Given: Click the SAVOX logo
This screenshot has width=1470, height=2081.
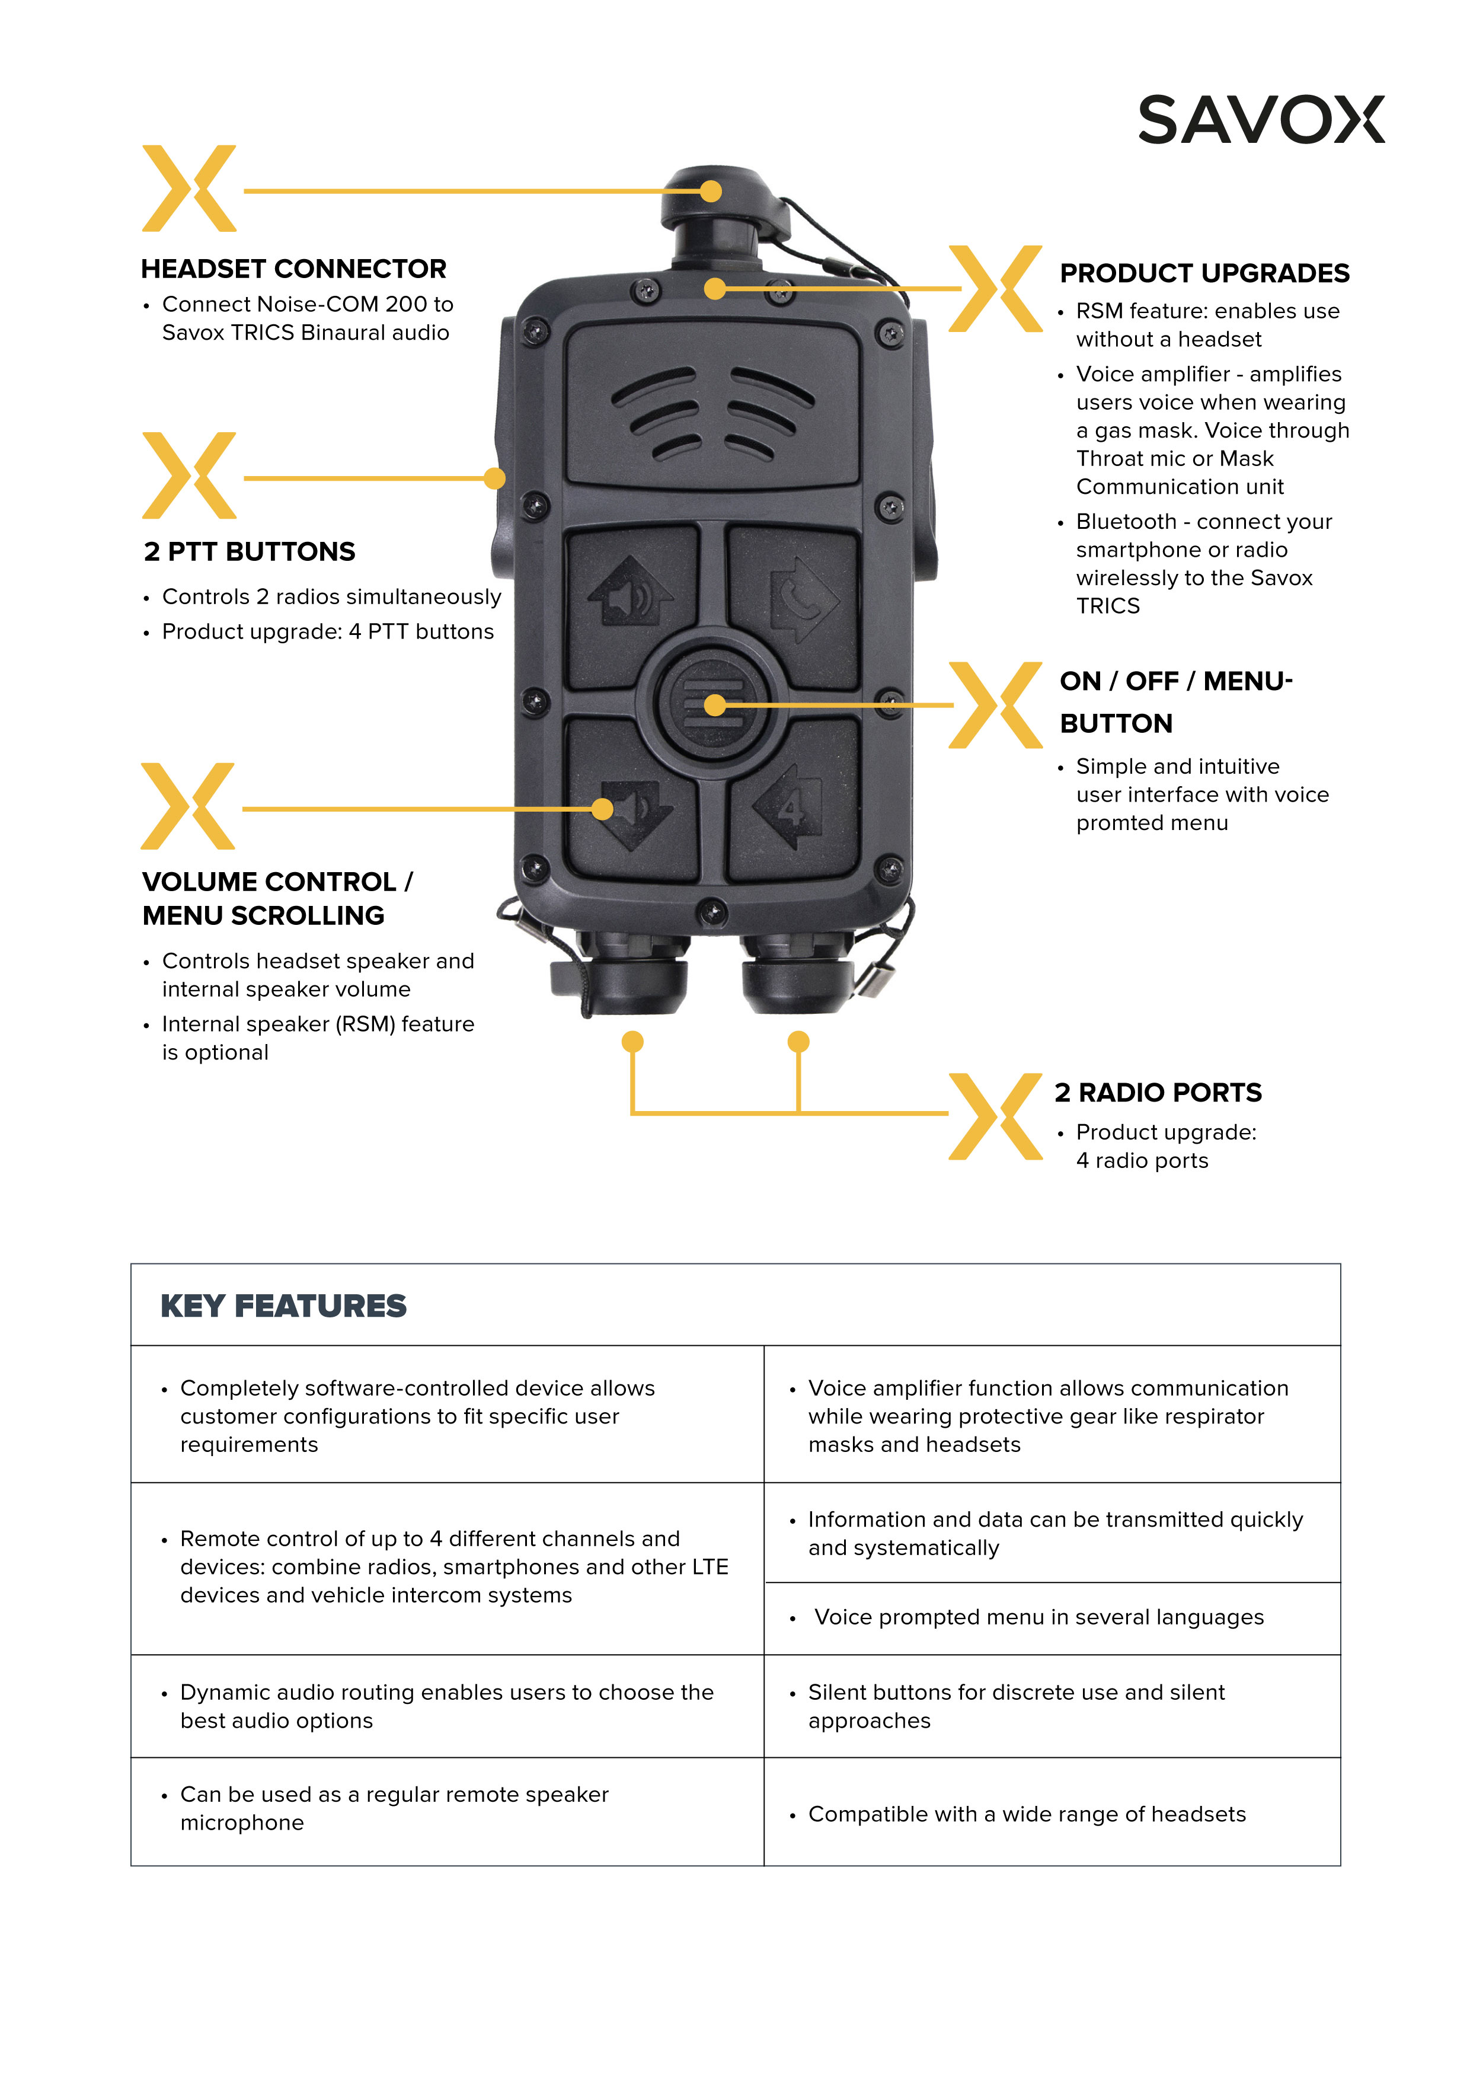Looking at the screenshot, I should coord(1261,120).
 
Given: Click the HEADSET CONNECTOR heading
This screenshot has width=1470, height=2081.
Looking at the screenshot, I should coord(293,269).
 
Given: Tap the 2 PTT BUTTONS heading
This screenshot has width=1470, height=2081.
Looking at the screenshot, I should coord(249,552).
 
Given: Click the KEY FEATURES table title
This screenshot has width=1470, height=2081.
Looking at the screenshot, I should coord(284,1306).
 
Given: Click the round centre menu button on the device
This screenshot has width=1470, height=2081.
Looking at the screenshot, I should coord(710,703).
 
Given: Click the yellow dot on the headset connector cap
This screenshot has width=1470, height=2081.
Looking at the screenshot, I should coord(711,191).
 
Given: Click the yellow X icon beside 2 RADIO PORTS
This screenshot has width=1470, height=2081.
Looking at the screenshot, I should coord(995,1116).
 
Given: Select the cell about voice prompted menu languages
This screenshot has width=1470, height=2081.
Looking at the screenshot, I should coord(1052,1618).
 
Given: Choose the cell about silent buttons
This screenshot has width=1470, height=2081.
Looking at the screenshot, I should coord(1052,1707).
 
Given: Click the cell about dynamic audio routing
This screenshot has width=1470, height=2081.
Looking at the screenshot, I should coord(447,1707).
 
